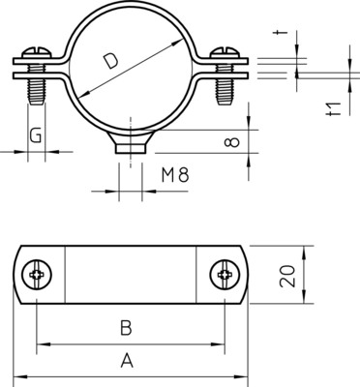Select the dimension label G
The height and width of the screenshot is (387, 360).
point(35,134)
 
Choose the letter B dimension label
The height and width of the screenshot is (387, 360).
point(125,328)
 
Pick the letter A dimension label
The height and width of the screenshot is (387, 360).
point(125,361)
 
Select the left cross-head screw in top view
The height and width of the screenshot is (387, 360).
point(38,275)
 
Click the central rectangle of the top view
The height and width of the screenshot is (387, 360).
point(130,275)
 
